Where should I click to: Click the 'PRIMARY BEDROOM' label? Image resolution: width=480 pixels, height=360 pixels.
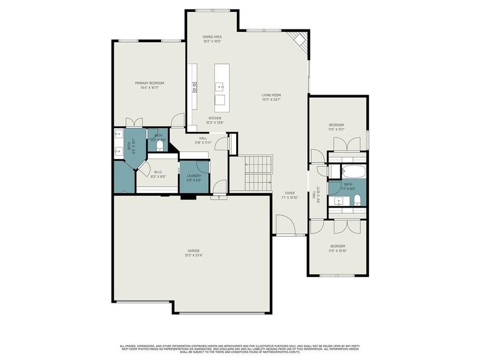click(x=149, y=83)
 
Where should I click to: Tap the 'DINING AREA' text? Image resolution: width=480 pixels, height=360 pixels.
click(x=212, y=36)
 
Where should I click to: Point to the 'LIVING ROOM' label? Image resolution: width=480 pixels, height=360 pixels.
click(x=271, y=95)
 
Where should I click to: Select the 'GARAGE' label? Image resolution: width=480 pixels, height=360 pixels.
click(x=193, y=250)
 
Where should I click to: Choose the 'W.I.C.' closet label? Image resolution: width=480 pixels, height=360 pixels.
click(x=158, y=172)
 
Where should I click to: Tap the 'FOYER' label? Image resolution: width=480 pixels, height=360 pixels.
click(x=290, y=193)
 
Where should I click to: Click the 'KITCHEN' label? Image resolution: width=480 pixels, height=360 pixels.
click(x=214, y=118)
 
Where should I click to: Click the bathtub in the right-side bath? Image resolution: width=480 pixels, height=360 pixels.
click(x=354, y=172)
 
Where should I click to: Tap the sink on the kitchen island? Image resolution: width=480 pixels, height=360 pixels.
click(x=220, y=85)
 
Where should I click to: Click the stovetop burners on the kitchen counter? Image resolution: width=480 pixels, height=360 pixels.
click(x=195, y=86)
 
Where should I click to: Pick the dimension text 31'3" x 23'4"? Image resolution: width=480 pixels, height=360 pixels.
click(x=193, y=255)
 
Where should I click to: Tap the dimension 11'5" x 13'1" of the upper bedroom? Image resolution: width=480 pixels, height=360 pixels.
click(x=337, y=129)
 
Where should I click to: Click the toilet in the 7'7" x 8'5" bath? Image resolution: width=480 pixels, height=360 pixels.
click(x=357, y=201)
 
